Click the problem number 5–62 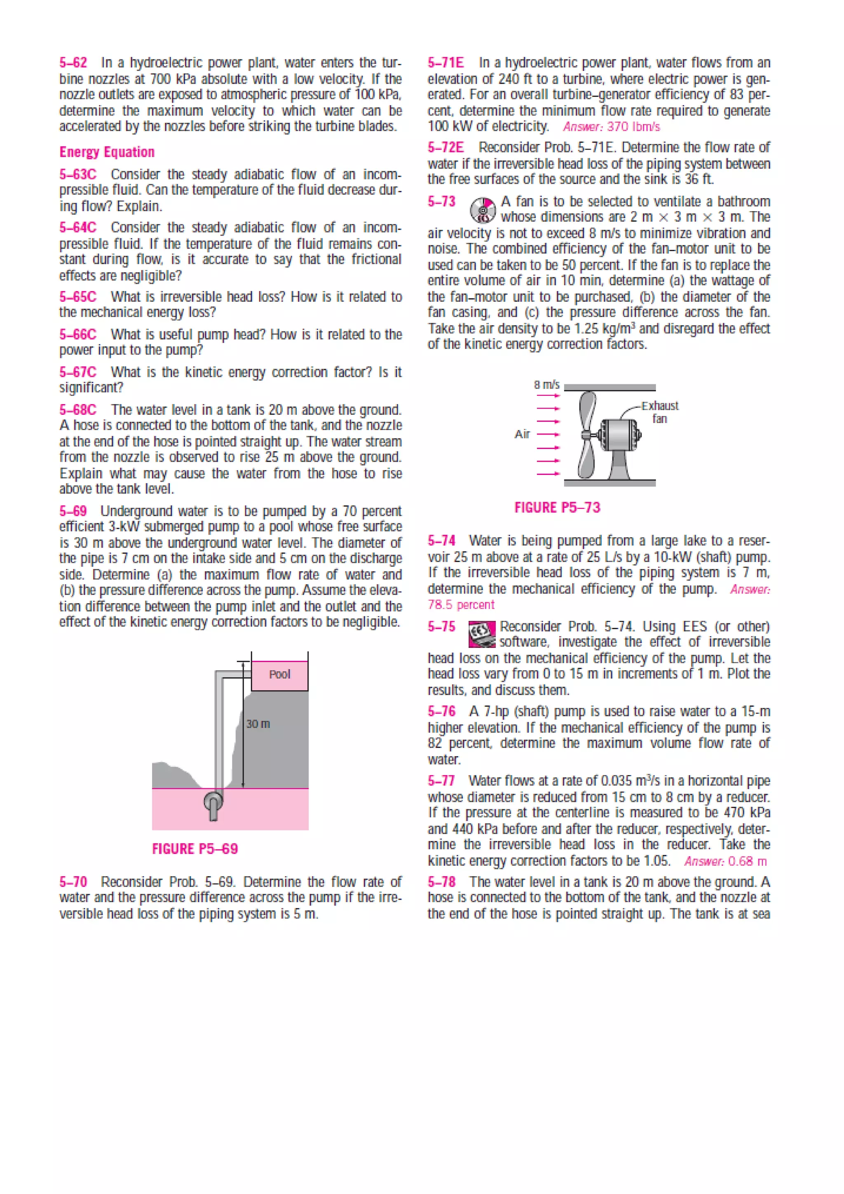pos(73,63)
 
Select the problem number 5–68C pos(77,410)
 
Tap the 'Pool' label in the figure pos(279,675)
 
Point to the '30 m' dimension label pos(258,724)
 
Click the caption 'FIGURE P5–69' pos(195,849)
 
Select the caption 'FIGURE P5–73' pos(557,508)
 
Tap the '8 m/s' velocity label pos(547,385)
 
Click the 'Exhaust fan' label pos(659,412)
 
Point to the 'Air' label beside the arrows pos(522,434)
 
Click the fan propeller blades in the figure pos(587,434)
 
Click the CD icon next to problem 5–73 pos(482,209)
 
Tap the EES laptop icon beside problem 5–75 pos(482,635)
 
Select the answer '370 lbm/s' pos(633,127)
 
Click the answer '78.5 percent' pos(461,605)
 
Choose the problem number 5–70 pos(73,882)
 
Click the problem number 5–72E pos(445,148)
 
